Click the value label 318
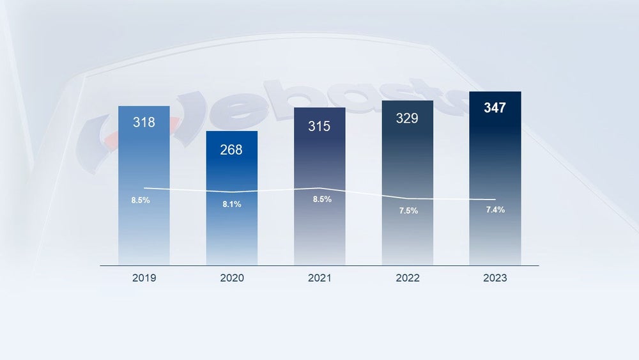coord(144,122)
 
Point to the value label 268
coord(231,150)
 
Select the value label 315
coord(319,126)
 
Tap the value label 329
coord(407,118)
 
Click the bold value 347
coord(495,108)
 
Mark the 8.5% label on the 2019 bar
coord(141,200)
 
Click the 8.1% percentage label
coord(232,204)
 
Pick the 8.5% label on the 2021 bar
coord(322,199)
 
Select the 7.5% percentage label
coord(408,211)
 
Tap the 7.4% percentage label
coord(495,210)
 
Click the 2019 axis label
coord(144,278)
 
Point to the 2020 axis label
coord(231,278)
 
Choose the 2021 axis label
coord(319,278)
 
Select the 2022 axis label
coord(407,278)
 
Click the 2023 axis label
coord(495,278)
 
